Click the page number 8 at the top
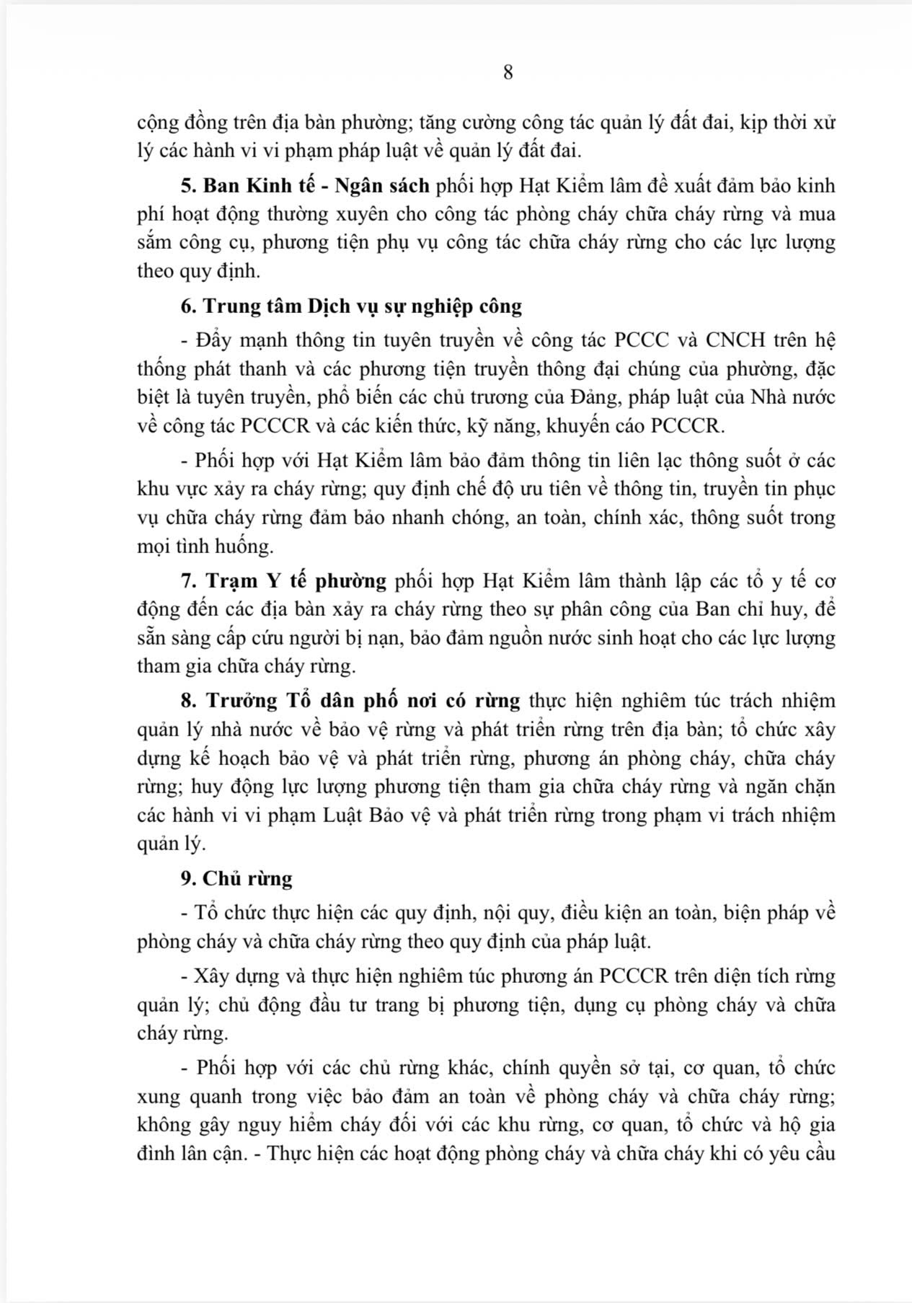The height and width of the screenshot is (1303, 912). click(508, 73)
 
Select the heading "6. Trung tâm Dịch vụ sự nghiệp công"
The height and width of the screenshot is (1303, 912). click(351, 306)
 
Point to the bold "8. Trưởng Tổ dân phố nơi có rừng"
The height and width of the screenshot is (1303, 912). click(350, 700)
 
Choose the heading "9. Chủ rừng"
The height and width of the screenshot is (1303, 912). click(236, 878)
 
